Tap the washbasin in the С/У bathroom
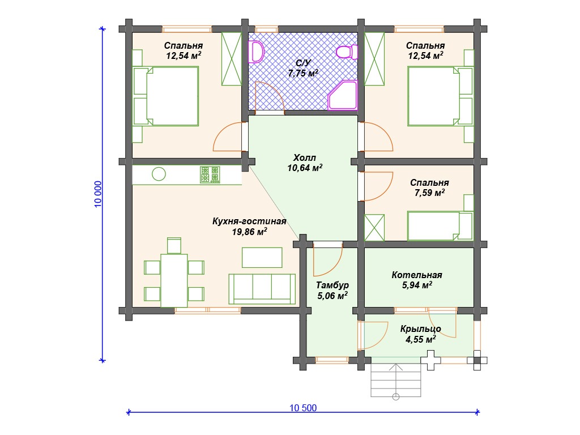(x=256, y=52)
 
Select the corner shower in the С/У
(x=343, y=95)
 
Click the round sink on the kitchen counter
(x=159, y=174)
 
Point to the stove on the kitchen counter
(x=210, y=174)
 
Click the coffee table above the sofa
(x=262, y=257)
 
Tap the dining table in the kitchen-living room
(x=174, y=280)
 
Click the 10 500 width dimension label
(x=303, y=408)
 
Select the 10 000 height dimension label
(x=98, y=194)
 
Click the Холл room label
(x=305, y=157)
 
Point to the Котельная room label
(x=417, y=275)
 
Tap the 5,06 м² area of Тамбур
(x=332, y=295)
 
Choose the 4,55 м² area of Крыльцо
(x=421, y=339)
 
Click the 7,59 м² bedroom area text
(x=429, y=193)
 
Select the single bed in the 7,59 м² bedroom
(x=440, y=225)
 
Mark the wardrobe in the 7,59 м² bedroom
(x=374, y=228)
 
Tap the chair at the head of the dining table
(x=174, y=245)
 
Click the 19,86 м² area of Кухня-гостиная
(x=250, y=232)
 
